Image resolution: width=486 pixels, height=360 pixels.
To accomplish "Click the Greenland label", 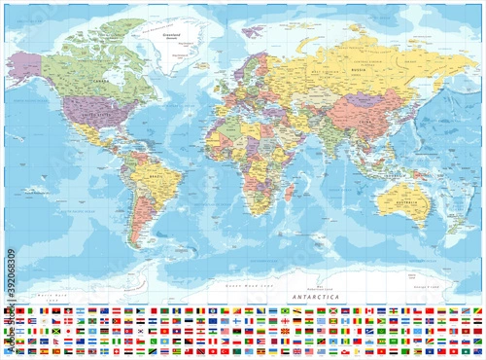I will [x=175, y=35].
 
